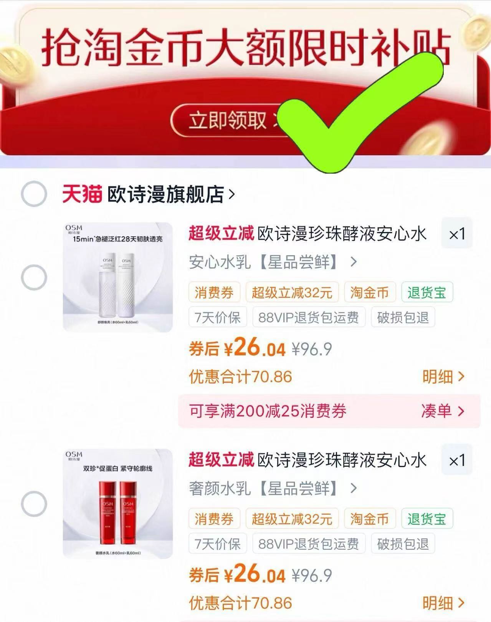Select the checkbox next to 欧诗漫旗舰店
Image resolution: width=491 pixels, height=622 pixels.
(34, 194)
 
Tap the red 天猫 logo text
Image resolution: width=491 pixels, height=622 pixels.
(83, 194)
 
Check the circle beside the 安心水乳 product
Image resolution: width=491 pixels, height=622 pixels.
(34, 277)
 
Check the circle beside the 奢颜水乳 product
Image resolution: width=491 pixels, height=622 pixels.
(34, 503)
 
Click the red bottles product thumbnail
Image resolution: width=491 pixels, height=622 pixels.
(118, 503)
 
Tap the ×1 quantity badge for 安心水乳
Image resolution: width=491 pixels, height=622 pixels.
(457, 234)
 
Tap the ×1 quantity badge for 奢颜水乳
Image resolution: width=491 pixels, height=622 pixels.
(457, 460)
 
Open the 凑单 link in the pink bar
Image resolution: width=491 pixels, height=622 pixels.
(442, 411)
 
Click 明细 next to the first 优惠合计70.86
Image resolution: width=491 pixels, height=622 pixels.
(443, 377)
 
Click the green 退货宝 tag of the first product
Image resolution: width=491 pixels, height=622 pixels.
(427, 293)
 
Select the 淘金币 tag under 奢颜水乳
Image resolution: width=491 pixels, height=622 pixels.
(369, 519)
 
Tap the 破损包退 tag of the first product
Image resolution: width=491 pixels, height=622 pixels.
(403, 317)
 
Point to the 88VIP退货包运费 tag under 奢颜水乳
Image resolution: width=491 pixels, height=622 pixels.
(308, 544)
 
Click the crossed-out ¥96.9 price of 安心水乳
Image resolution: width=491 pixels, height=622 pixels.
(312, 349)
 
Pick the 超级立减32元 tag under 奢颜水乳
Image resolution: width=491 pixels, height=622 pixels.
(292, 519)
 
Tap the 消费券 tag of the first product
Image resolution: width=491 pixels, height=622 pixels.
(214, 293)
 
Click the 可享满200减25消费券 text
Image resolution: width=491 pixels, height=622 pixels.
(268, 411)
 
